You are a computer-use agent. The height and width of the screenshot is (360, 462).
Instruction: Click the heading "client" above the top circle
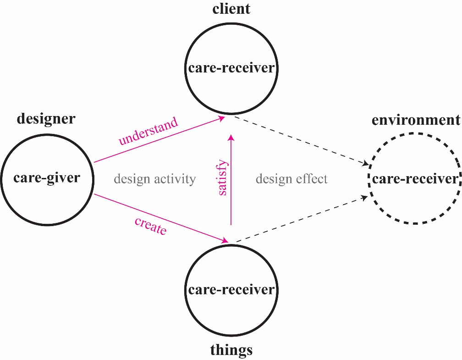(231, 9)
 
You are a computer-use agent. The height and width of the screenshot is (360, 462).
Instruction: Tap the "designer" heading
(46, 119)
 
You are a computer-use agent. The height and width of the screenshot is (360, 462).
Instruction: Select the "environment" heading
(416, 120)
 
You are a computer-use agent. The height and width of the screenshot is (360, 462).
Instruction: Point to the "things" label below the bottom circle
(231, 350)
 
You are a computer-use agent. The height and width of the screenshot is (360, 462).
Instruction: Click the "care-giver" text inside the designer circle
(47, 177)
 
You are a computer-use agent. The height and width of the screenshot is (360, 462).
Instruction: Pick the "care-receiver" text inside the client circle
(231, 68)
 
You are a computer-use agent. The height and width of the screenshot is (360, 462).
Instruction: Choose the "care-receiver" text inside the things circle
(231, 290)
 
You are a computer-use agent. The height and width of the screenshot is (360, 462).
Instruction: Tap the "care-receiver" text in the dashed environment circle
(415, 178)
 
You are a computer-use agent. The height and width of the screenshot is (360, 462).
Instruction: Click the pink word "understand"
(148, 132)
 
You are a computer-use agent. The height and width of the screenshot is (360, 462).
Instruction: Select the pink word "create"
(150, 226)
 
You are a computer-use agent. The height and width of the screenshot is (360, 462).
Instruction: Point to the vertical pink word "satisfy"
(223, 177)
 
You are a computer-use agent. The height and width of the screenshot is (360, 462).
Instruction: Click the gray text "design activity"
(154, 178)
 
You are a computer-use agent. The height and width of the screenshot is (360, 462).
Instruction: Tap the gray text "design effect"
(291, 178)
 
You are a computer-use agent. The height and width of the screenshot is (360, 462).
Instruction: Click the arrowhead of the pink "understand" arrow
(222, 119)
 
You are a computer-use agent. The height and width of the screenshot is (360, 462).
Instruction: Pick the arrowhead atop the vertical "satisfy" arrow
(231, 137)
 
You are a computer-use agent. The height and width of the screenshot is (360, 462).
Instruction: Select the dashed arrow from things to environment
(300, 219)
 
